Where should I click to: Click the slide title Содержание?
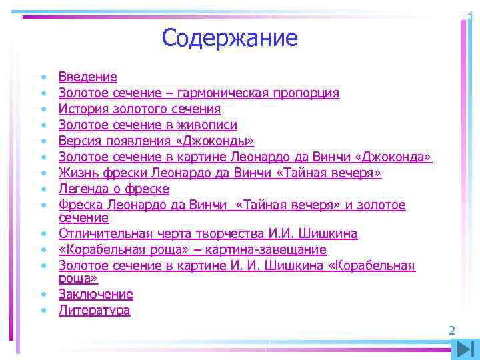click(x=229, y=37)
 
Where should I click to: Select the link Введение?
click(x=87, y=77)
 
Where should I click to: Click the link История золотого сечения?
click(x=139, y=109)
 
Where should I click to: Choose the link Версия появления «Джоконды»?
click(x=156, y=141)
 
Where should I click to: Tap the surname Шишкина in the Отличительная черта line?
click(x=325, y=233)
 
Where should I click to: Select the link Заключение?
click(x=95, y=294)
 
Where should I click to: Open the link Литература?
click(x=94, y=310)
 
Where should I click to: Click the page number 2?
click(x=451, y=330)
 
